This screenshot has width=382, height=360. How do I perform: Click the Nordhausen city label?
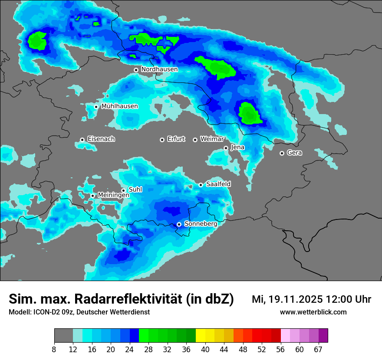click(x=159, y=69)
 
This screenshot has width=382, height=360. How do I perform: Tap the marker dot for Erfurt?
click(x=162, y=140)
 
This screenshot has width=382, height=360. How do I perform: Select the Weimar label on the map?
click(x=212, y=139)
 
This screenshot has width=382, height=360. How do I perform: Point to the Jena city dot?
click(x=226, y=148)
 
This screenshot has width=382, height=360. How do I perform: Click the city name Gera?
click(x=294, y=153)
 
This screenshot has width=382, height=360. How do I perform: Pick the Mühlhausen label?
click(x=120, y=106)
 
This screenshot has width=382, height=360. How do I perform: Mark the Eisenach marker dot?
click(x=82, y=140)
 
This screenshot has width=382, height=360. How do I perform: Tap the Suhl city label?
click(x=135, y=190)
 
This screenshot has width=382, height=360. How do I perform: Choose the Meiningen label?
click(x=114, y=195)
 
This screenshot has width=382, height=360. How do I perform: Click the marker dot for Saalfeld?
click(x=201, y=185)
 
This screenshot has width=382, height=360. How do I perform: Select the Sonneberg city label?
click(x=201, y=224)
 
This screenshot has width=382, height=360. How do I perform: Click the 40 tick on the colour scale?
click(x=205, y=349)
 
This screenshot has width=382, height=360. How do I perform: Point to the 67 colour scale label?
click(x=318, y=349)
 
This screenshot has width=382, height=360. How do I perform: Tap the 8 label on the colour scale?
click(x=54, y=349)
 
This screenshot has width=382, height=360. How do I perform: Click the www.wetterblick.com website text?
click(x=313, y=312)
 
